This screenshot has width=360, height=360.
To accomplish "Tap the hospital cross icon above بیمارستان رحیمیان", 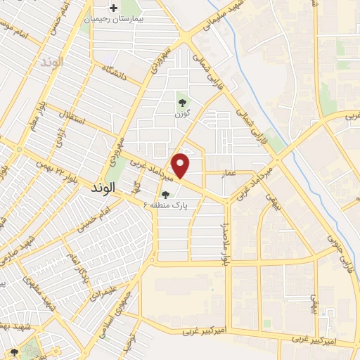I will (x=112, y=8).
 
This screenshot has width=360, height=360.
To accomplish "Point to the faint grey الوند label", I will (x=51, y=62).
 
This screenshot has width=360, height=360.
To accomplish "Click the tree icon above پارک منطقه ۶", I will (x=165, y=195).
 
